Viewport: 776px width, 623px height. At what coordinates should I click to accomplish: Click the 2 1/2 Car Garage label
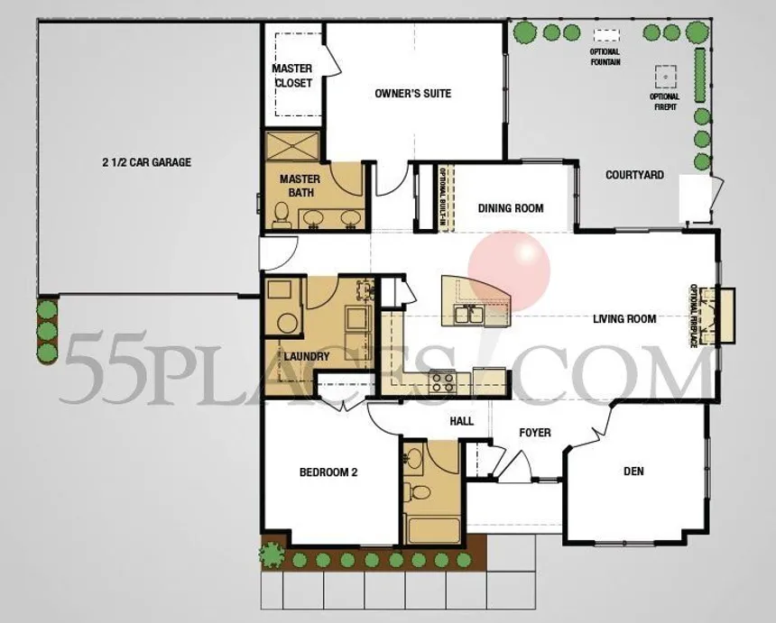click(146, 162)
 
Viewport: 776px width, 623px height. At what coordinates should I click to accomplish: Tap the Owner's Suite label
click(412, 94)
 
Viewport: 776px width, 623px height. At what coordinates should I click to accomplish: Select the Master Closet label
click(292, 76)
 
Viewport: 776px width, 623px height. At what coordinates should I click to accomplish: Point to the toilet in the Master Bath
click(282, 215)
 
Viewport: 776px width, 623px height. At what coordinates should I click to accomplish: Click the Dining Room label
click(511, 208)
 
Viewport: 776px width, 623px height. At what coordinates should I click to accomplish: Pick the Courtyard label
click(634, 175)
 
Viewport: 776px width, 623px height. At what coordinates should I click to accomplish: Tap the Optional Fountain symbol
click(606, 35)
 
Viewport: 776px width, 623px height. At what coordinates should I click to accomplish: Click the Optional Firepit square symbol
click(666, 77)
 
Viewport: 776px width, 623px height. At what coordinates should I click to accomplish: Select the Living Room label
click(624, 319)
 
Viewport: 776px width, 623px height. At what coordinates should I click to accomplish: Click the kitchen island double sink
click(468, 314)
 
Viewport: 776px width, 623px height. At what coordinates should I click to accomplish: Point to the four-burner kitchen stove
click(443, 381)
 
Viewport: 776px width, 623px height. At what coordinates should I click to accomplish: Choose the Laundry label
click(307, 356)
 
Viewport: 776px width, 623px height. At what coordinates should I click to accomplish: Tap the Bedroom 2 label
click(328, 472)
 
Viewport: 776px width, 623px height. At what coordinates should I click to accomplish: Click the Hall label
click(462, 421)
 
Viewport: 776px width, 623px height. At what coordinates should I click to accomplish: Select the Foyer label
click(535, 433)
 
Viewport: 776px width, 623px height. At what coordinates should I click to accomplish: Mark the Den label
click(634, 471)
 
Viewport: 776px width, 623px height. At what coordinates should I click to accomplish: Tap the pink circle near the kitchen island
click(509, 270)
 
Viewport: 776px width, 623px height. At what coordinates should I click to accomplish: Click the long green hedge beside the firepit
click(700, 75)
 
